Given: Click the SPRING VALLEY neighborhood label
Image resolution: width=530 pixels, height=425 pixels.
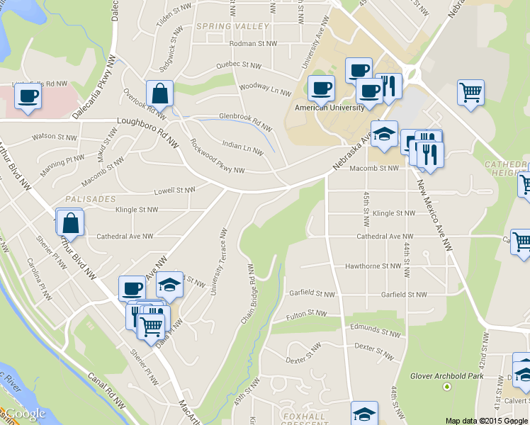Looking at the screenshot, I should [233, 26].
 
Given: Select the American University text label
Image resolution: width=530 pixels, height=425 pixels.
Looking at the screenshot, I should [329, 108].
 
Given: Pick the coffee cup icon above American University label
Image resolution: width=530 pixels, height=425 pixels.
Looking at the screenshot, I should [322, 88].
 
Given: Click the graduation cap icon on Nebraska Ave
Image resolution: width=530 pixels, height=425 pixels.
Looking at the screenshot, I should [384, 133].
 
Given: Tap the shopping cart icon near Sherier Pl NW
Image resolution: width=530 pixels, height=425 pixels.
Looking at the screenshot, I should [151, 327].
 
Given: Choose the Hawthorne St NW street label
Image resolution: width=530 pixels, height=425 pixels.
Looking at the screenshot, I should [372, 266].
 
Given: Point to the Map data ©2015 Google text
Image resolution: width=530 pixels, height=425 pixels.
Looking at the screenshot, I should [487, 420].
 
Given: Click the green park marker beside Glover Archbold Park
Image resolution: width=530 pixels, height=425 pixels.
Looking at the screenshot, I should [447, 386].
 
